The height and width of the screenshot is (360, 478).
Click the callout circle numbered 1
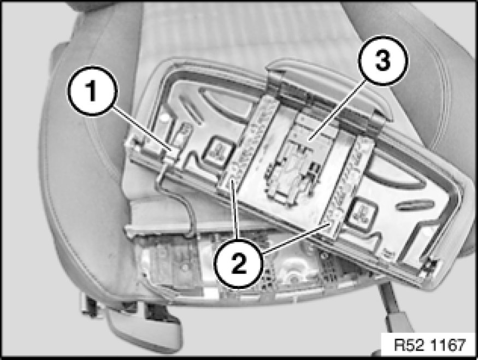pos(92,91)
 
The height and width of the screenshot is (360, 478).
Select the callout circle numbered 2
pos(239,264)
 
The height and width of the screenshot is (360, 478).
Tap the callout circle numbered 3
pos(383,60)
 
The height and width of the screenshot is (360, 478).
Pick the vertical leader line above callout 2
pos(235,210)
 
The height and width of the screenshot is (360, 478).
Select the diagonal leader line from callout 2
pos(296,238)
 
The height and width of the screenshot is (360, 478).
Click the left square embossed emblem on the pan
pos(219,150)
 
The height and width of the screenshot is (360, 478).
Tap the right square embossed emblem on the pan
pos(363,212)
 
